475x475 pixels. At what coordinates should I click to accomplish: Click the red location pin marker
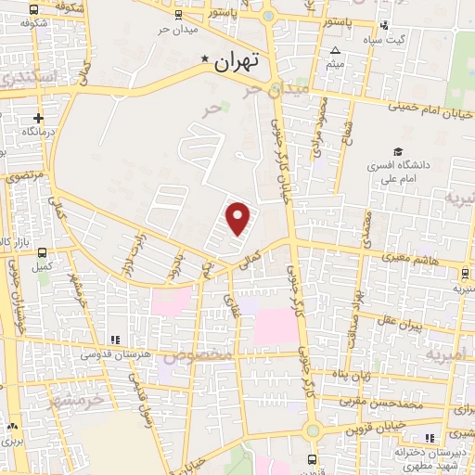coord(238,218)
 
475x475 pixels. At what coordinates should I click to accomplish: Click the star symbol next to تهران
coord(205,61)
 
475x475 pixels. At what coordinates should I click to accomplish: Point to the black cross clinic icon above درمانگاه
coord(37,119)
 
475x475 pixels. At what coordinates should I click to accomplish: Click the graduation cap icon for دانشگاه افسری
coord(398,151)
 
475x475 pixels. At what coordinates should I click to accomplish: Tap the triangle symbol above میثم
coord(337,51)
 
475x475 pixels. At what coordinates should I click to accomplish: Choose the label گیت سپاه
coord(409,38)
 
